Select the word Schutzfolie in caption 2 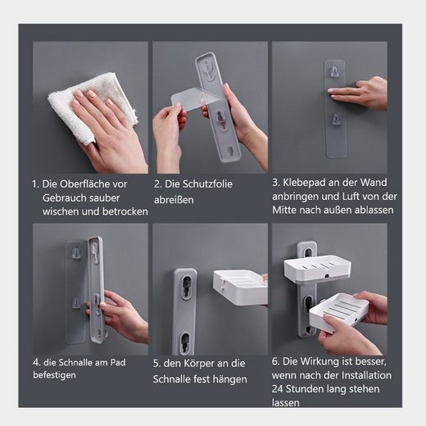pos(207,184)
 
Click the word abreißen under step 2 pos(174,200)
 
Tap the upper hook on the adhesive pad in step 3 pos(334,71)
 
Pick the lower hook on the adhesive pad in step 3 pos(336,120)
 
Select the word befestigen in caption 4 pos(54,375)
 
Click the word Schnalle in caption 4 pos(75,363)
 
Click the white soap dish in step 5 pos(240,288)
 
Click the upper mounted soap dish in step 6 pos(318,267)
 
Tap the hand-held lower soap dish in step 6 pos(338,313)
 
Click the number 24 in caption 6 pos(278,389)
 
